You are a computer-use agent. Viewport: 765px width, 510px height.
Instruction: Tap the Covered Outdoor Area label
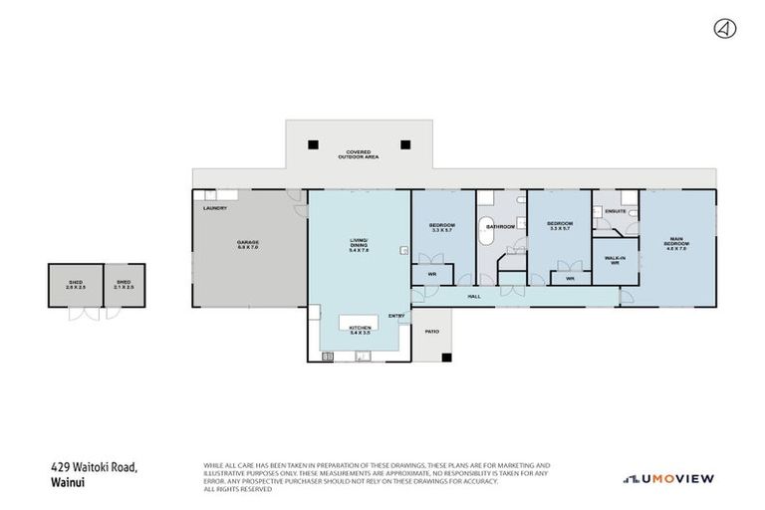(359, 154)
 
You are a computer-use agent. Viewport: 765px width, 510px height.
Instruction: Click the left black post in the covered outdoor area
(313, 143)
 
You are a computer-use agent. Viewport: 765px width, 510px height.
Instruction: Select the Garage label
(248, 245)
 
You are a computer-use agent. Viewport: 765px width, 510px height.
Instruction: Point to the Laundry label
(215, 208)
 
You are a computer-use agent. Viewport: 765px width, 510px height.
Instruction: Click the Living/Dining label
(359, 245)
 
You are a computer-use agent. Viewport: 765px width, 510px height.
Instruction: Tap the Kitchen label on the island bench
(360, 329)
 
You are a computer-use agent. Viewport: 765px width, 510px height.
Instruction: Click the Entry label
(396, 317)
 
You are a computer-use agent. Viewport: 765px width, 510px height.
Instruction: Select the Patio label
(432, 331)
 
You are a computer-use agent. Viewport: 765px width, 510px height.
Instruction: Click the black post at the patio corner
(448, 358)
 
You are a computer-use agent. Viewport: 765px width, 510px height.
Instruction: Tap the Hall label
(474, 296)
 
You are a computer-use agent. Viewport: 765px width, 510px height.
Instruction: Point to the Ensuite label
(615, 212)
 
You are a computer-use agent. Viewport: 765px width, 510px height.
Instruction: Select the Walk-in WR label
(615, 261)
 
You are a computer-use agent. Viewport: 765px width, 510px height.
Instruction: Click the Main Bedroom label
(676, 242)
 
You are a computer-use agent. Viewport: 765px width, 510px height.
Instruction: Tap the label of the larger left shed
(75, 285)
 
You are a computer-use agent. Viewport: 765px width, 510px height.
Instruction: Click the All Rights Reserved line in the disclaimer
(238, 489)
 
